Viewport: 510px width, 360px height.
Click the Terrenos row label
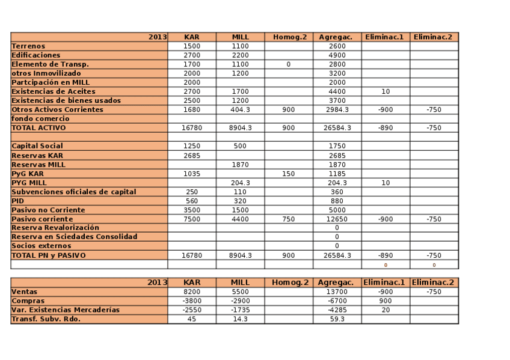28,46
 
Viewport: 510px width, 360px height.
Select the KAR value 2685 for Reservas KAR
192,156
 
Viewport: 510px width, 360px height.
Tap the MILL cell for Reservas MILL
240,165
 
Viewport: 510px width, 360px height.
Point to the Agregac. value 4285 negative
337,310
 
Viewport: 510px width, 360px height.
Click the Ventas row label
24,292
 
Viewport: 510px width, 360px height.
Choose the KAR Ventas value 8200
192,292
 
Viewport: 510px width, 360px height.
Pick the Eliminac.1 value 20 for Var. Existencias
386,310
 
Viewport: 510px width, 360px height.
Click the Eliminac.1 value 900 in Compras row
386,301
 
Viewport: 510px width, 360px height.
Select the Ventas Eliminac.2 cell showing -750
434,292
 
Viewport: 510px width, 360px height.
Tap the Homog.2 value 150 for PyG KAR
289,174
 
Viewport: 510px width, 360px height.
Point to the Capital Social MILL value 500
240,146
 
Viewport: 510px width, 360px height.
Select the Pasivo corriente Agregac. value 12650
337,219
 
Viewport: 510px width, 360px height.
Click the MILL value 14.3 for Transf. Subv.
240,319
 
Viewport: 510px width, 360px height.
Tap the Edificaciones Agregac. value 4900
337,55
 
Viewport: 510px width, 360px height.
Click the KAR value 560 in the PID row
192,201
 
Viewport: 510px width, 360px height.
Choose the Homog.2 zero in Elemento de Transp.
289,64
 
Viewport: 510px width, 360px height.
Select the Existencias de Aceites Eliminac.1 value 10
386,91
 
